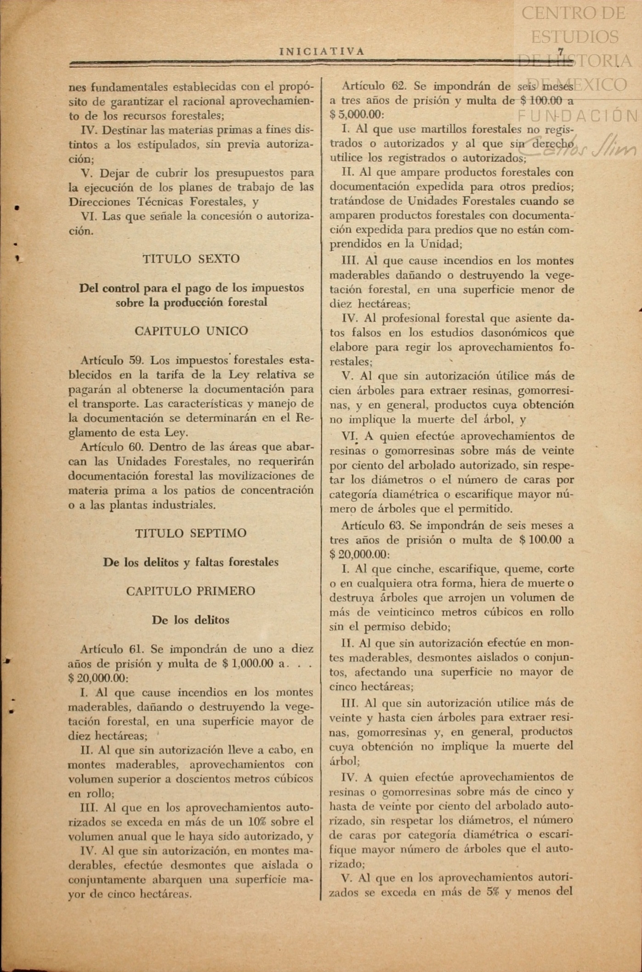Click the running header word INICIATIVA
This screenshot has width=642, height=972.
pos(322,51)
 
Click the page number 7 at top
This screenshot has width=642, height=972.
pos(561,52)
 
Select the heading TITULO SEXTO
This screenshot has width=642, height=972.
pos(191,259)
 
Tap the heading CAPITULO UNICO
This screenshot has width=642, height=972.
pos(191,331)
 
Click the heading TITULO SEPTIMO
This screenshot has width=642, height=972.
pos(191,533)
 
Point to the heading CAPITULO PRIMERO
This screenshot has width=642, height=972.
pos(191,591)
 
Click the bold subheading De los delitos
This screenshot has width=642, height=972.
pos(191,620)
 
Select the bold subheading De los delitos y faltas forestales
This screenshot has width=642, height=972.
pos(191,562)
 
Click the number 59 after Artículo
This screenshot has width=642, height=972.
pos(137,360)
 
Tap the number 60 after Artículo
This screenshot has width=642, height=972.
pos(137,447)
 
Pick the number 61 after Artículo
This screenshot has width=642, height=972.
pos(137,649)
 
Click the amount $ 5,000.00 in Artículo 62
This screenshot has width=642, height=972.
pos(356,114)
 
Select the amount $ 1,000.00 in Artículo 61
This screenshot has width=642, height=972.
pos(248,663)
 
